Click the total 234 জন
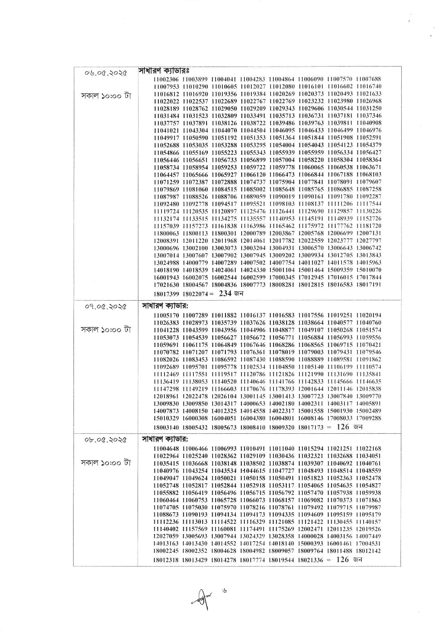pyautogui.click(x=231, y=293)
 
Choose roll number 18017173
pyautogui.click(x=311, y=427)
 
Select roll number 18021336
pyautogui.click(x=311, y=560)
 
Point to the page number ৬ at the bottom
pyautogui.click(x=225, y=590)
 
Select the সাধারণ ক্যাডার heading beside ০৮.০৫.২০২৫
pyautogui.click(x=164, y=440)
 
